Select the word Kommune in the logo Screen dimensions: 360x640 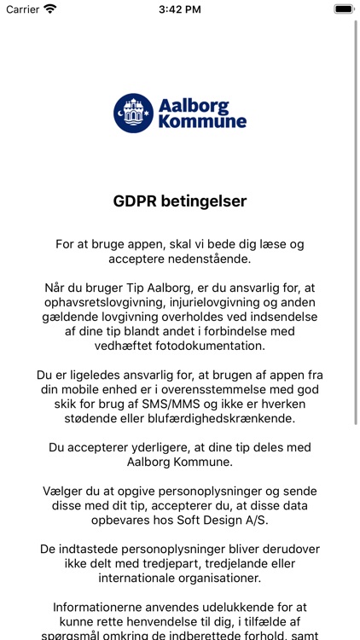click(x=202, y=123)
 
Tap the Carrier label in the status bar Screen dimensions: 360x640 click(x=23, y=9)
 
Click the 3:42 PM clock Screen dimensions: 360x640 click(x=179, y=9)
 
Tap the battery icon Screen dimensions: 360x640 click(x=344, y=9)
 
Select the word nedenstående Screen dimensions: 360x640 click(x=226, y=259)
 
